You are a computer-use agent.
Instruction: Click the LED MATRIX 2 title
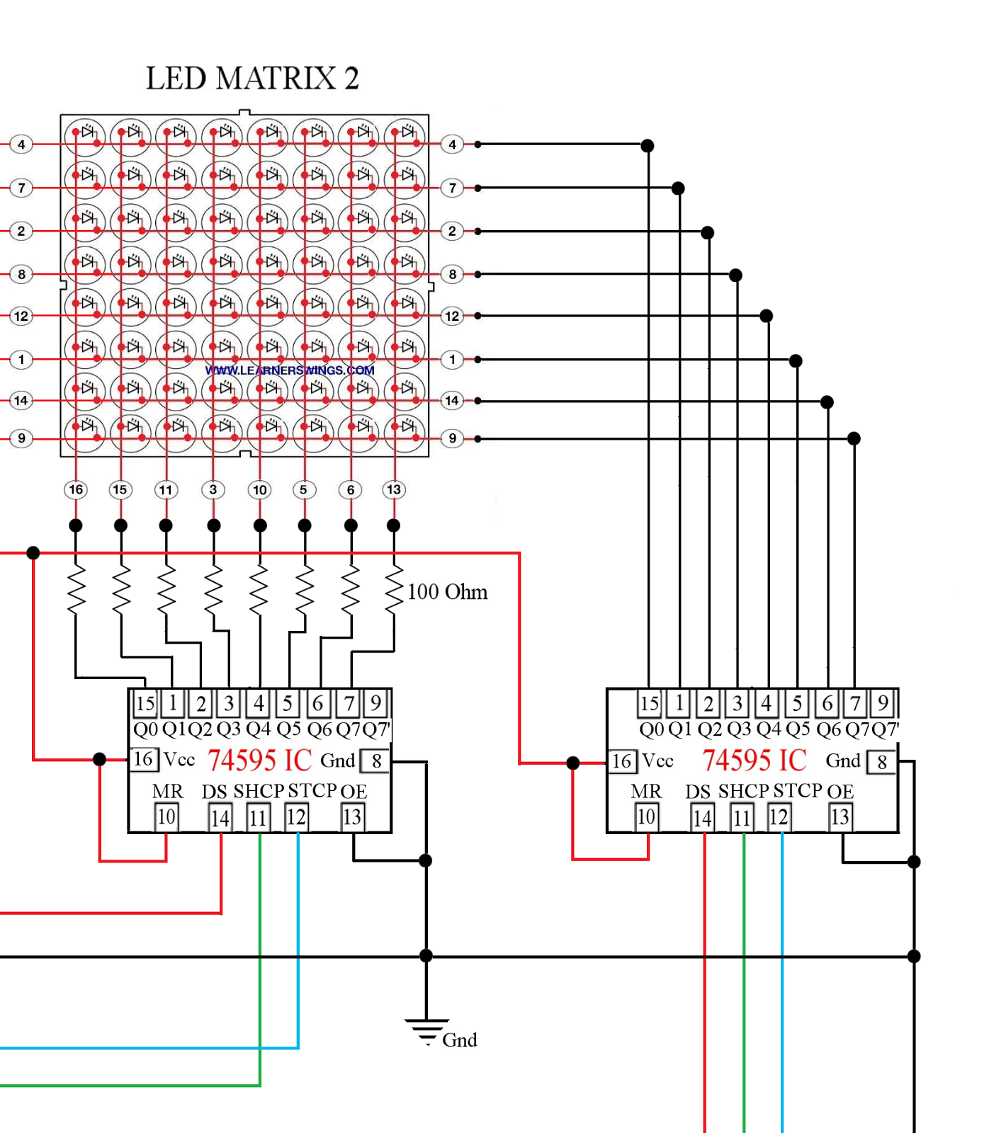point(252,78)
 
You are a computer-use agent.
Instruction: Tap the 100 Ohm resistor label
point(447,592)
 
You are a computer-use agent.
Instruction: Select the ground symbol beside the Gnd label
point(426,1031)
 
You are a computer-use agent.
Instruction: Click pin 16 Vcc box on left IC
point(143,759)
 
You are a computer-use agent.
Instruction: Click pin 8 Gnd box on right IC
point(882,762)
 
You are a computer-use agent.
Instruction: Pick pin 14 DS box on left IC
point(220,819)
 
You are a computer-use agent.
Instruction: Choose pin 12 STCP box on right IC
point(779,817)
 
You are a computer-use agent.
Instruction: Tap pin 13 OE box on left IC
point(352,817)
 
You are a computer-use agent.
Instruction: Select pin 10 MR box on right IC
point(646,817)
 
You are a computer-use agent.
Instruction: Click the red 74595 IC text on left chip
point(259,761)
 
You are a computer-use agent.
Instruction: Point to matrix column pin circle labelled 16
point(76,489)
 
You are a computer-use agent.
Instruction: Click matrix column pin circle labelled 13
point(394,489)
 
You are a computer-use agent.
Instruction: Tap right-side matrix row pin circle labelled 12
point(452,316)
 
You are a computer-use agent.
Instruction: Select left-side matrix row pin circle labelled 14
point(21,401)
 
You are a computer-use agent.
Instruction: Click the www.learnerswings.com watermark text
point(290,370)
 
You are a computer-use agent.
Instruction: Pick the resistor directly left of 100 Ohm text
point(394,589)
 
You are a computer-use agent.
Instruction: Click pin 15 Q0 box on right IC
point(649,704)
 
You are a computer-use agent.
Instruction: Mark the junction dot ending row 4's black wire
point(648,146)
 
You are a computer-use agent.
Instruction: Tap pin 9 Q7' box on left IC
point(376,703)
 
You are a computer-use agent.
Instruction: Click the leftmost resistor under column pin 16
point(76,589)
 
